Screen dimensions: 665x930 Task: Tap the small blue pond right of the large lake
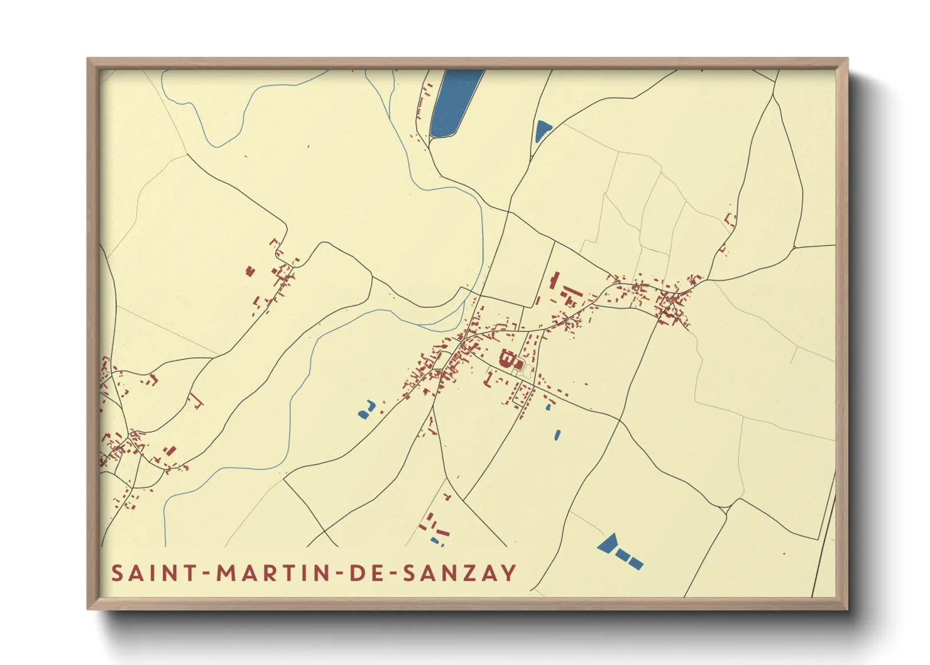click(x=542, y=131)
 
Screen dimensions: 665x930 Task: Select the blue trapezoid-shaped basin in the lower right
click(x=608, y=543)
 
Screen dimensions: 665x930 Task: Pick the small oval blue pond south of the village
click(x=557, y=434)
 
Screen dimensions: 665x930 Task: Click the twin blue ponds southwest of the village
click(x=366, y=410)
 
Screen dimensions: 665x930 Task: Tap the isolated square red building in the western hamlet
click(x=250, y=271)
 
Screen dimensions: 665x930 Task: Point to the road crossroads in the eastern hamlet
click(x=672, y=302)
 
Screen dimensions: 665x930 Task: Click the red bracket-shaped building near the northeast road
click(x=730, y=220)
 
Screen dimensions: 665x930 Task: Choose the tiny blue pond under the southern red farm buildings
click(x=435, y=540)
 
